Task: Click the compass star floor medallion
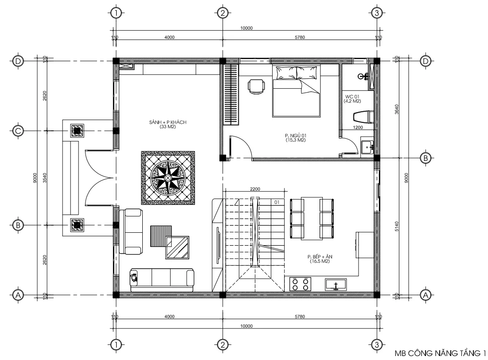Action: tap(168, 177)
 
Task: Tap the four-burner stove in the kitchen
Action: tap(301, 284)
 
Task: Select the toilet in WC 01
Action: tap(363, 117)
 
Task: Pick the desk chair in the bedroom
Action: tap(256, 86)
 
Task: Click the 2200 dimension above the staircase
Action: tap(255, 189)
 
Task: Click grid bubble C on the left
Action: tap(18, 131)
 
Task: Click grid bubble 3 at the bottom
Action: tap(376, 344)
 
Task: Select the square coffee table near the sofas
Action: tap(178, 247)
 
